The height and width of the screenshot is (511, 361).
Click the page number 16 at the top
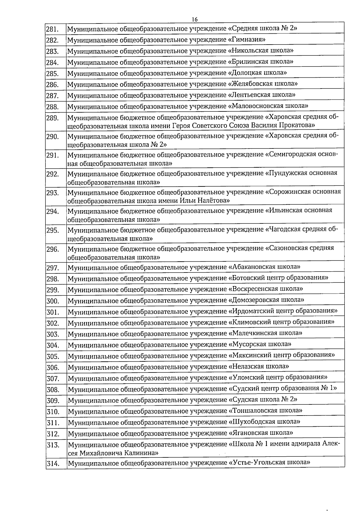194,19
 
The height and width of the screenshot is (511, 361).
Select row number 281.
52,29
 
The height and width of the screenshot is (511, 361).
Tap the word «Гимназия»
247,39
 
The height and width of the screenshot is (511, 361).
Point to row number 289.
52,118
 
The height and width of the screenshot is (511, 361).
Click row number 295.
52,230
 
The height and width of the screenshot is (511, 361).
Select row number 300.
52,301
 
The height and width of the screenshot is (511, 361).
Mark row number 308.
53,390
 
